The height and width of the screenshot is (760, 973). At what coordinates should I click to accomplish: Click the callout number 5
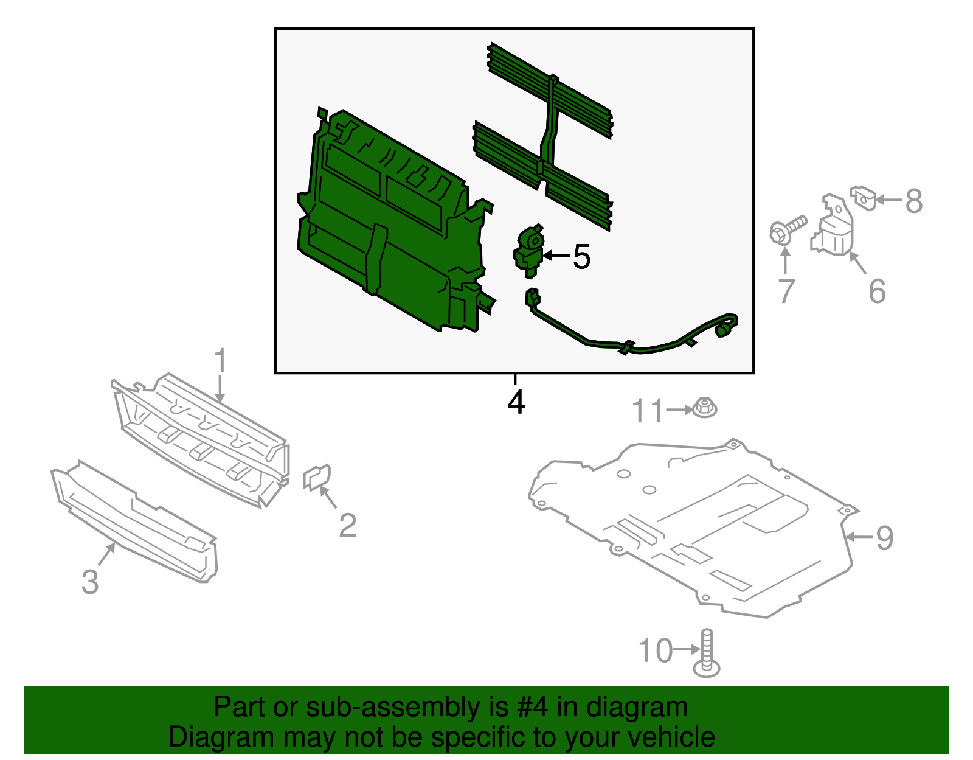[581, 257]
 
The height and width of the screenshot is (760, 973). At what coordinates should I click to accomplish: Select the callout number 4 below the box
[516, 402]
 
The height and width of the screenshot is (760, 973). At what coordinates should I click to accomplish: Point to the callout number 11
[648, 411]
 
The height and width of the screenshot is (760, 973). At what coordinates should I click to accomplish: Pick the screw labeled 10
[707, 654]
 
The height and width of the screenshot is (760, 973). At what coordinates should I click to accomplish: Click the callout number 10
[656, 651]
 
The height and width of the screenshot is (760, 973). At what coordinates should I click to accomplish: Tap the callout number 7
[786, 291]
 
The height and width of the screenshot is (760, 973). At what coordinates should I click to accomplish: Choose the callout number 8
[913, 201]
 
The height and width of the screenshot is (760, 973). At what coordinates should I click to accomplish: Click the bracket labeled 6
[833, 228]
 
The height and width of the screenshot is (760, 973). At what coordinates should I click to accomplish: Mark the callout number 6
[876, 291]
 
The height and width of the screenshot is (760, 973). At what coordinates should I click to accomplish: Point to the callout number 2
[347, 525]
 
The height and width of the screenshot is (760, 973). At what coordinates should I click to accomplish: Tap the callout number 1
[220, 361]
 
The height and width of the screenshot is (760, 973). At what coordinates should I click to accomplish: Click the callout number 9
[884, 538]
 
